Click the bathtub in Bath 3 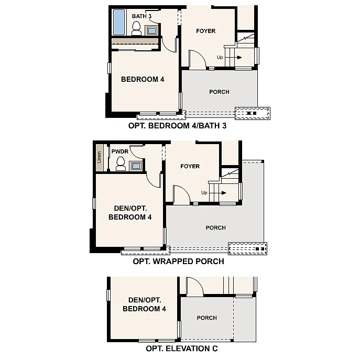(x=120, y=22)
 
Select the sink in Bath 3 (x=152, y=30)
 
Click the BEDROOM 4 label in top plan (x=143, y=80)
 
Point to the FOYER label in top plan (x=206, y=31)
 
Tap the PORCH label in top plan (x=219, y=92)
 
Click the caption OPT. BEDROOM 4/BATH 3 (x=177, y=126)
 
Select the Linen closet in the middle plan (x=100, y=157)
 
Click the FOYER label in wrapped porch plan (x=190, y=167)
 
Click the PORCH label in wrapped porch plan (x=216, y=228)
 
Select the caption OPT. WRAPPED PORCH (x=179, y=261)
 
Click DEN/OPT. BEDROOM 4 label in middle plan (x=130, y=213)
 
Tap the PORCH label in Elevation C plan (x=207, y=318)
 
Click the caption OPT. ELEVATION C (x=182, y=348)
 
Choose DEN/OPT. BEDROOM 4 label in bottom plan (x=144, y=304)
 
